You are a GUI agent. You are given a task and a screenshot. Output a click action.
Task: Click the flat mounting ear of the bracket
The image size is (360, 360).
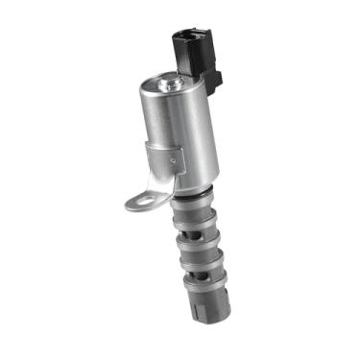[144, 200]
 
